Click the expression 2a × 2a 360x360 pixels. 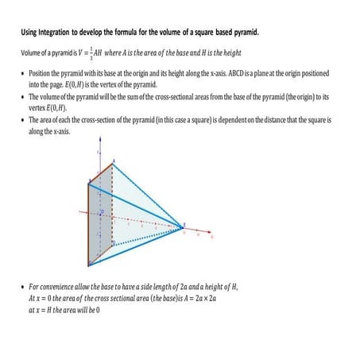click(x=207, y=296)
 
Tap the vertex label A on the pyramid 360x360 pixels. click(x=114, y=161)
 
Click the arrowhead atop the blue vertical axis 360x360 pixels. click(x=99, y=149)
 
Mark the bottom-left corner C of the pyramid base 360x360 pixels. click(x=90, y=264)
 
